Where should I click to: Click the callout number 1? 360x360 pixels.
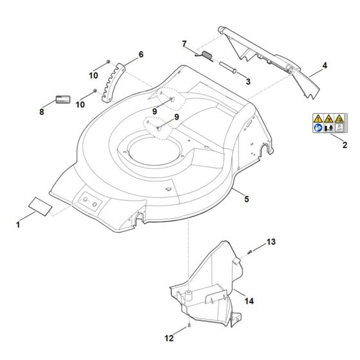[17, 226]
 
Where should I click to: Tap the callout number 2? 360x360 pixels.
[344, 145]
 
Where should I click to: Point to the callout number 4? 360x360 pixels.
[324, 66]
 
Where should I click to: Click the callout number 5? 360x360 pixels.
[247, 200]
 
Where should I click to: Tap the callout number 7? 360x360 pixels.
[184, 44]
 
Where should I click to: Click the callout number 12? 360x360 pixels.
[170, 337]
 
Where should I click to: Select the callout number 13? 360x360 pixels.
[271, 242]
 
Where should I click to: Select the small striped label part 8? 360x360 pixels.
[62, 100]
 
